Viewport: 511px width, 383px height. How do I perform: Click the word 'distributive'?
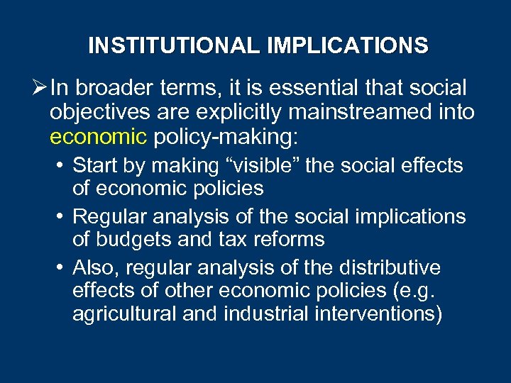coord(393,268)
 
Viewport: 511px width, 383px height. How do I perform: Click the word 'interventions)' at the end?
coord(377,313)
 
